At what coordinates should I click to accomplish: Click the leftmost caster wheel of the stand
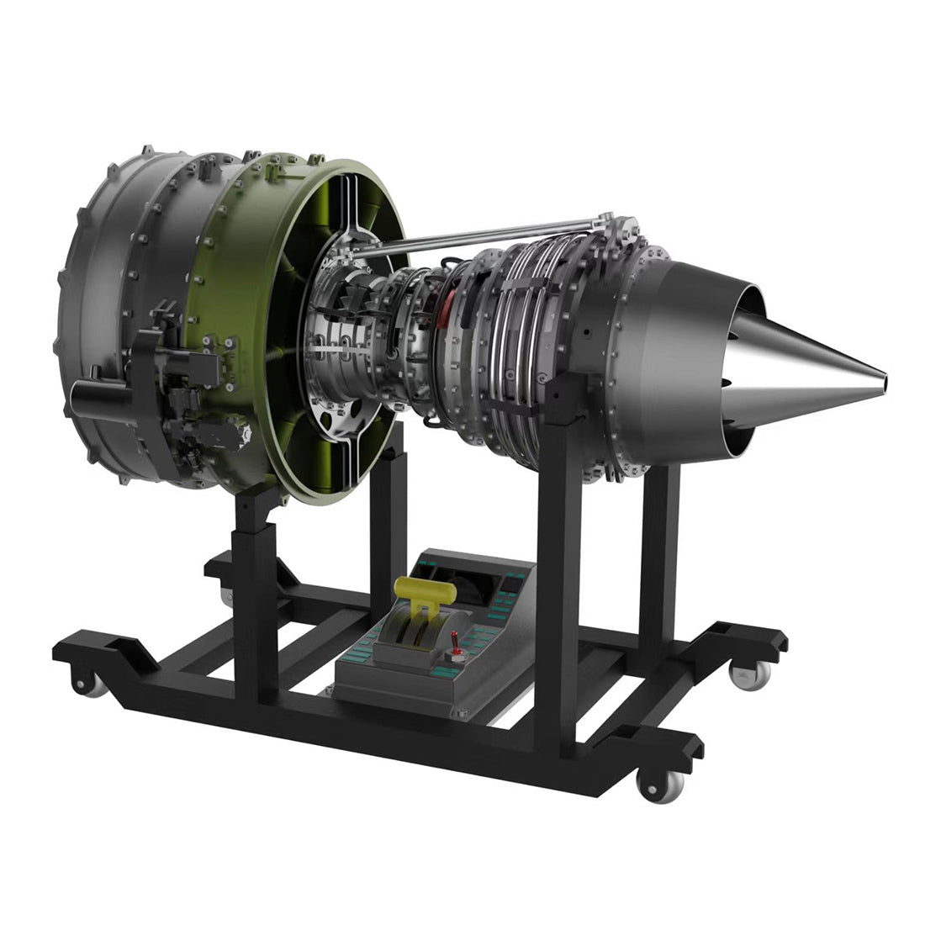click(91, 683)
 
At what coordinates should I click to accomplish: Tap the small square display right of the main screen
click(510, 580)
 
